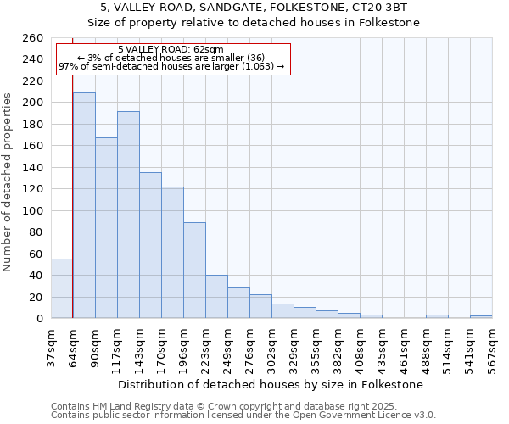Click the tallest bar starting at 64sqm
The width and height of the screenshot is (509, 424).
pyautogui.click(x=84, y=205)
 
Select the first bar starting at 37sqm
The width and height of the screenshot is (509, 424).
pyautogui.click(x=62, y=288)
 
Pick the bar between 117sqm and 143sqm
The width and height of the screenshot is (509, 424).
pyautogui.click(x=128, y=215)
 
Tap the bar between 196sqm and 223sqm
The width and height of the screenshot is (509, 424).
pyautogui.click(x=194, y=270)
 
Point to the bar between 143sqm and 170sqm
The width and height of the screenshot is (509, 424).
pyautogui.click(x=150, y=245)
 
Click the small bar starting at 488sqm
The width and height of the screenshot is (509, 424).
pyautogui.click(x=437, y=316)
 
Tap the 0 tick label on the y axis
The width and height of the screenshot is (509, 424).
pyautogui.click(x=40, y=319)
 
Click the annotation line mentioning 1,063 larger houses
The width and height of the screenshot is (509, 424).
pyautogui.click(x=171, y=67)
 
